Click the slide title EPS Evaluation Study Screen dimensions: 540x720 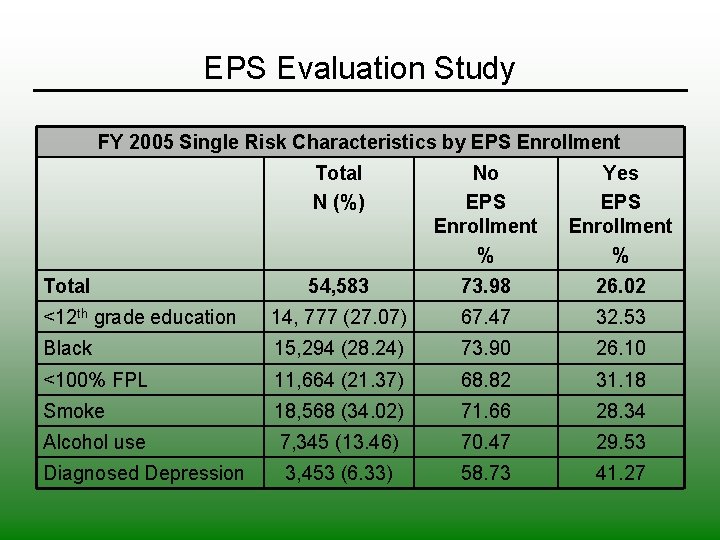pos(359,68)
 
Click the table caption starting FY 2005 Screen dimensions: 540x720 pos(359,142)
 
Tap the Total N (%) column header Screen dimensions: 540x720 pos(338,187)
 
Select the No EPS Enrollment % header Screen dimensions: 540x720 pos(485,213)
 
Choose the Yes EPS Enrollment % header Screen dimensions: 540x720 pos(620,213)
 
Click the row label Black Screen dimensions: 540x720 pos(68,348)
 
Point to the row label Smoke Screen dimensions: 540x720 pos(74,411)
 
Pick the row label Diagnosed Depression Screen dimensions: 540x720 pos(144,473)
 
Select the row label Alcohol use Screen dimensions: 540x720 pos(94,442)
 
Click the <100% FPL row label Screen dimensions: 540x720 pos(94,380)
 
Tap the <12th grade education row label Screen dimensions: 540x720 pos(139,317)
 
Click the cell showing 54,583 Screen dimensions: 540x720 pos(338,286)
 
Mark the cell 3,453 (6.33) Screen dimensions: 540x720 pos(338,473)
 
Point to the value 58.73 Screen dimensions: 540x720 pos(485,473)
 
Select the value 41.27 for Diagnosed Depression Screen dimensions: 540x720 pos(620,473)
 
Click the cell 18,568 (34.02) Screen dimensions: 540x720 pos(338,411)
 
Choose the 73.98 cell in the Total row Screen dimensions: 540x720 pos(485,286)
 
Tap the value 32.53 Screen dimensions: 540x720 pos(620,317)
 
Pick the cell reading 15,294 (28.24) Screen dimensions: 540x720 pos(338,348)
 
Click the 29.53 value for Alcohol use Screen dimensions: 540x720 pos(620,442)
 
